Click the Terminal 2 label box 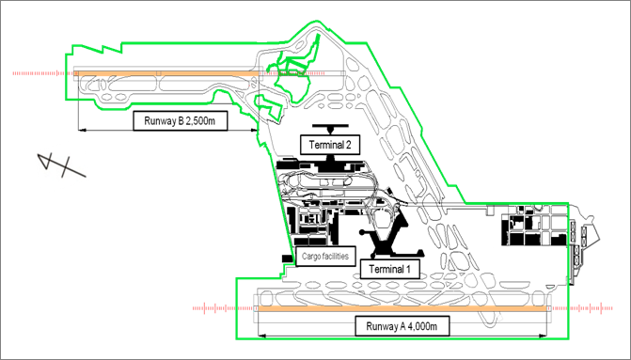(329, 145)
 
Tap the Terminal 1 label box (389, 269)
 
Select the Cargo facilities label (325, 257)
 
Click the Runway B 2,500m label (181, 120)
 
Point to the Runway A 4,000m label (402, 326)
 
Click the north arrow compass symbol (61, 164)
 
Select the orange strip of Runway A (402, 308)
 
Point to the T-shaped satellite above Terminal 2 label (330, 129)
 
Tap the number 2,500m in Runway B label (200, 120)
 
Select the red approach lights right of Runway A (581, 308)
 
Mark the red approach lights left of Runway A (225, 308)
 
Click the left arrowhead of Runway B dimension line (82, 130)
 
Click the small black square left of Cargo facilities (287, 258)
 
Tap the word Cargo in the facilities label (310, 257)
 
